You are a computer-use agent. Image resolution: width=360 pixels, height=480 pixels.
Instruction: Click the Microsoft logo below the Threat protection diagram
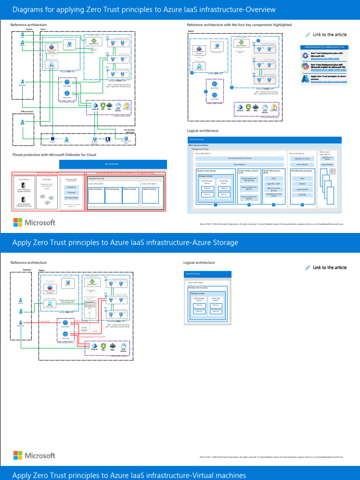click(34, 222)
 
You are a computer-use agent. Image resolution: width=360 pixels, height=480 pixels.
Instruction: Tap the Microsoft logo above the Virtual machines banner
click(34, 455)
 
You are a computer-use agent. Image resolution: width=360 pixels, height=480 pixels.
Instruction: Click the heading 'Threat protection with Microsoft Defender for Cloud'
click(54, 154)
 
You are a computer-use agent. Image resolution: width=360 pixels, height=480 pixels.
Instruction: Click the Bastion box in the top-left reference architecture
click(69, 45)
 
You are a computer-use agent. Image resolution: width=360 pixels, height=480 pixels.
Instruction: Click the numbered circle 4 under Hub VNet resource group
click(302, 205)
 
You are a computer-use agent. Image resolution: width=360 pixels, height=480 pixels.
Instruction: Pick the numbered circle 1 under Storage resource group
click(215, 205)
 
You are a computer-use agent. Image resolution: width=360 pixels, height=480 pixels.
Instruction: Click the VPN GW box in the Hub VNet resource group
click(302, 195)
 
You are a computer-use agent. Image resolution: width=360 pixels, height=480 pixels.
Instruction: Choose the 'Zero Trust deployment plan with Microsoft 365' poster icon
click(305, 55)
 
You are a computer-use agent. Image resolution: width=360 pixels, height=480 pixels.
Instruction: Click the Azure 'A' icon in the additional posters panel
click(305, 79)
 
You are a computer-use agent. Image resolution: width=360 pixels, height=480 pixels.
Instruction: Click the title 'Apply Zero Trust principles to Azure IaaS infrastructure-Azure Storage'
click(125, 242)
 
